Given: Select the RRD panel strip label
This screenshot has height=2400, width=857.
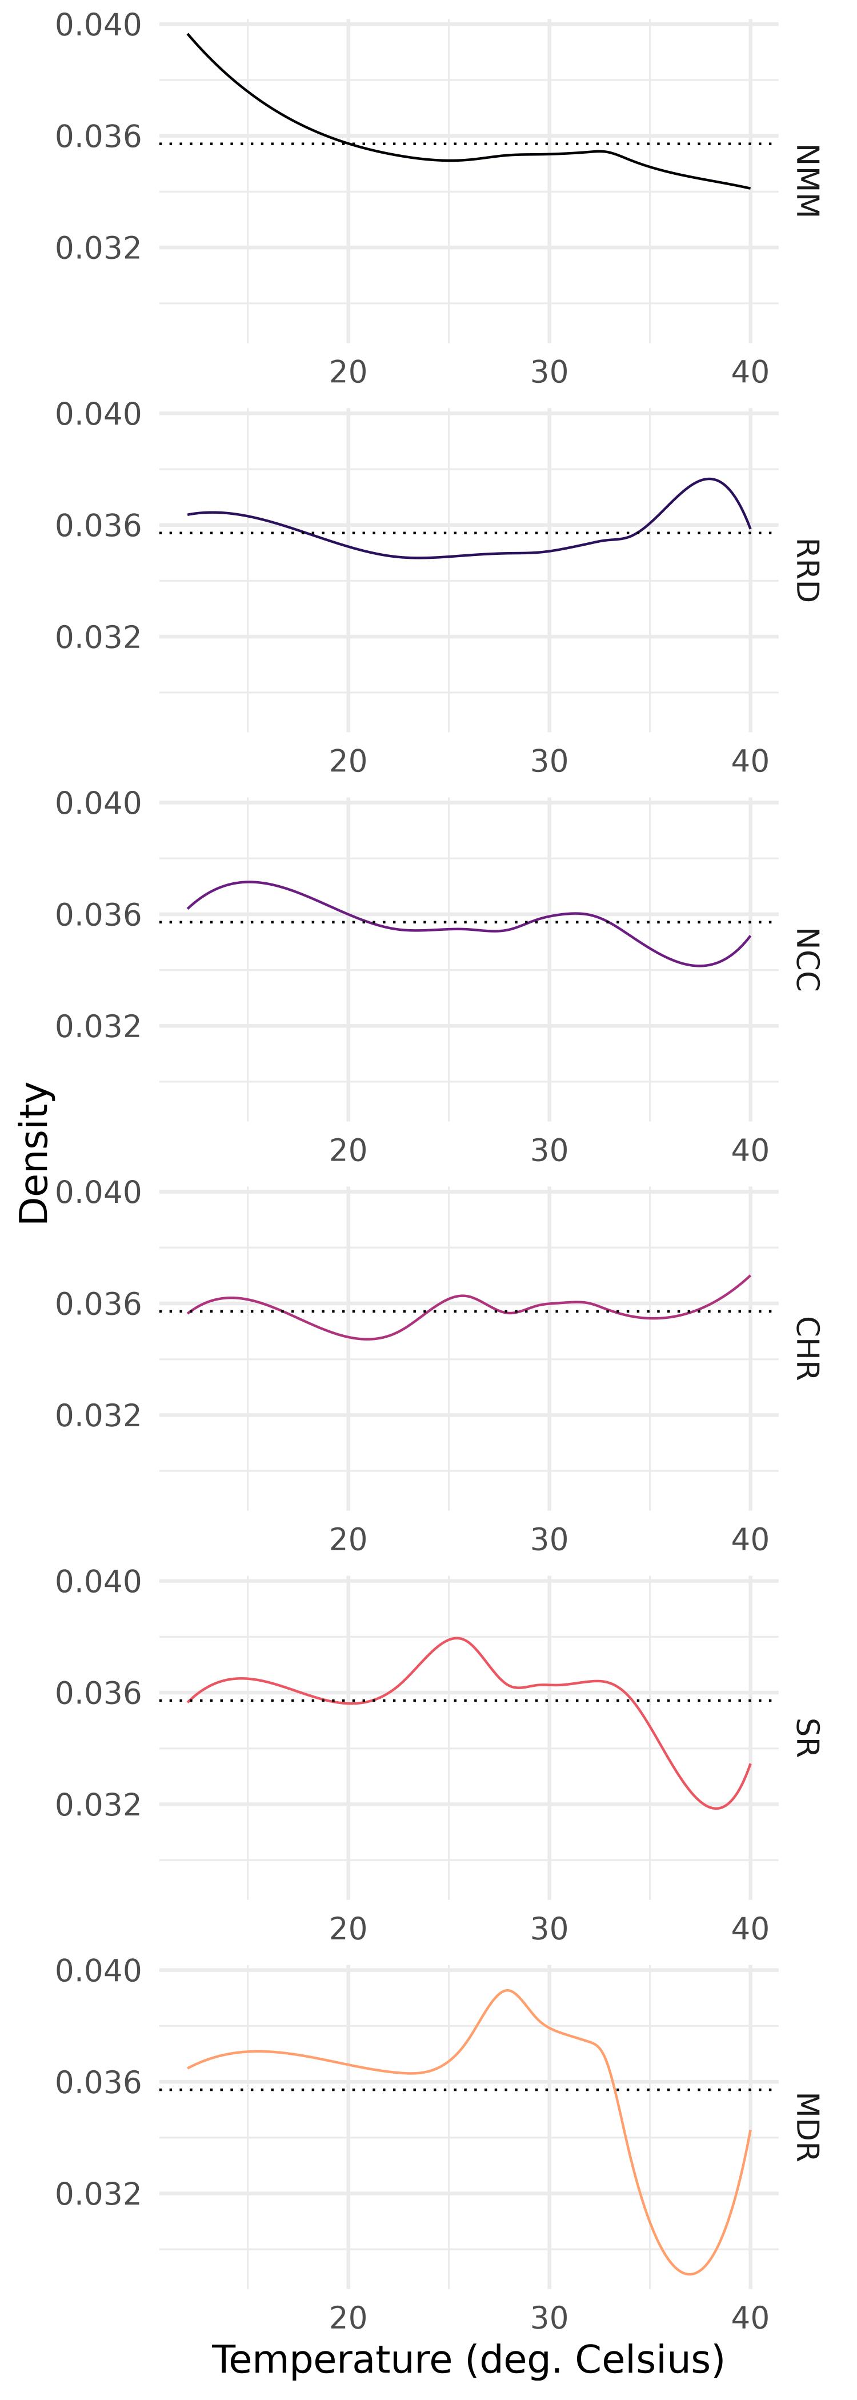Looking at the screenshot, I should click(807, 570).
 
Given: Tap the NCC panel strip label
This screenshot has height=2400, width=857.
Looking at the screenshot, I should click(807, 959).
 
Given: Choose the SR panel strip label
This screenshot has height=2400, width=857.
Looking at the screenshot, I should click(807, 1738).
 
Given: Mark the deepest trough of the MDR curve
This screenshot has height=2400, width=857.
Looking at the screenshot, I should click(690, 2274).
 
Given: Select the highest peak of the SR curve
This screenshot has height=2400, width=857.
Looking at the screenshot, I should click(458, 1638).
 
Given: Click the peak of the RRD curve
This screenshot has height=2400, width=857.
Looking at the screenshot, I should click(710, 479).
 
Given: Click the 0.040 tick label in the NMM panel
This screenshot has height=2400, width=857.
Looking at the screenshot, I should click(99, 25).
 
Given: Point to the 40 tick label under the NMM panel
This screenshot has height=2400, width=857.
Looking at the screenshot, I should click(750, 372).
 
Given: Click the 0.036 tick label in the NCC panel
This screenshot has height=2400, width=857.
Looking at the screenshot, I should click(99, 915).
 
